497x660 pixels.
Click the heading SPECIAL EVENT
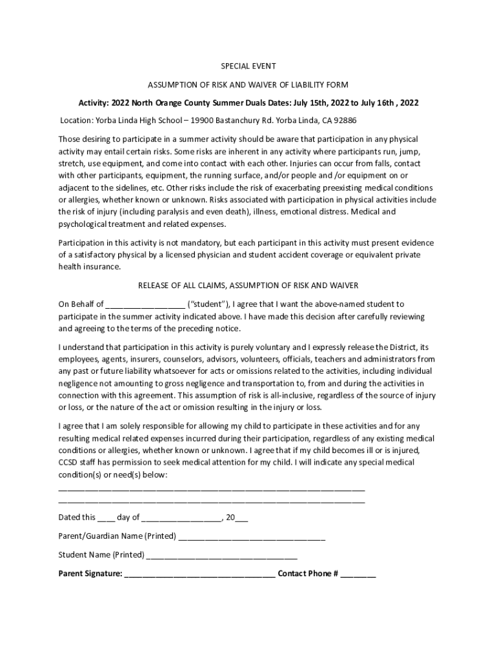pos(249,66)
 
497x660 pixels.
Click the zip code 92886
pos(343,121)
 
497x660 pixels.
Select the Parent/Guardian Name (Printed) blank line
pos(252,537)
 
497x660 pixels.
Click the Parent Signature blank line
pos(200,574)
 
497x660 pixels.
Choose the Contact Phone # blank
pos(358,574)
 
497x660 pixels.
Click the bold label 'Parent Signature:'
pos(90,574)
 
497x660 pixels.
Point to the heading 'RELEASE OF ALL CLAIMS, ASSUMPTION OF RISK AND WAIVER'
pos(249,286)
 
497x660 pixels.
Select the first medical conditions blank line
pos(212,489)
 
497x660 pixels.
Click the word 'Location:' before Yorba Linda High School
pos(77,121)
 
